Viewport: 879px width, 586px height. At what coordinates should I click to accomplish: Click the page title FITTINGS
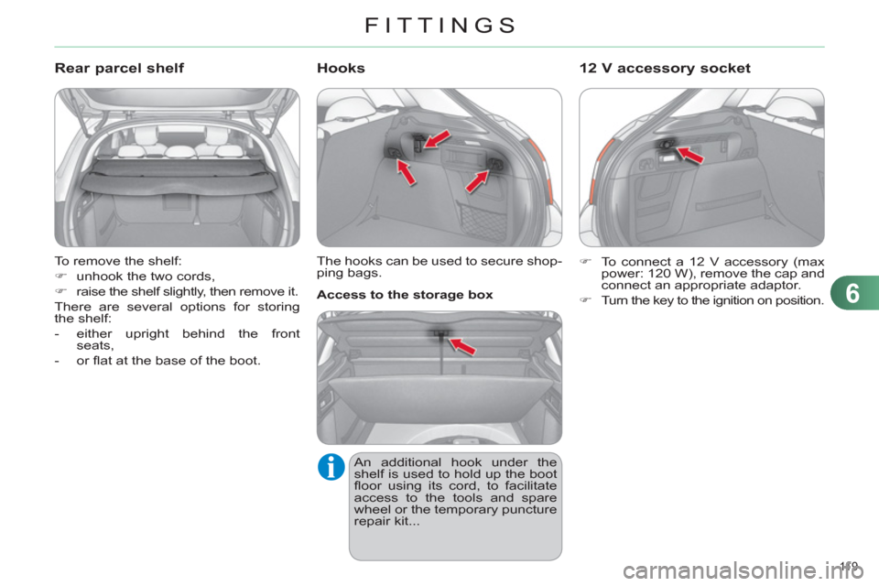pyautogui.click(x=439, y=25)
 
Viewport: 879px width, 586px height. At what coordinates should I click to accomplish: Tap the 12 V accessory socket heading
pyautogui.click(x=666, y=68)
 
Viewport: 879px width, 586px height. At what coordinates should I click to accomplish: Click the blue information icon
pyautogui.click(x=331, y=467)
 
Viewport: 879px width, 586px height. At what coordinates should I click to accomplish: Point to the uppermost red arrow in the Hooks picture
pyautogui.click(x=437, y=138)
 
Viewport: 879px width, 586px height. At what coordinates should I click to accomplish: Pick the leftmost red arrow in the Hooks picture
pyautogui.click(x=407, y=171)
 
